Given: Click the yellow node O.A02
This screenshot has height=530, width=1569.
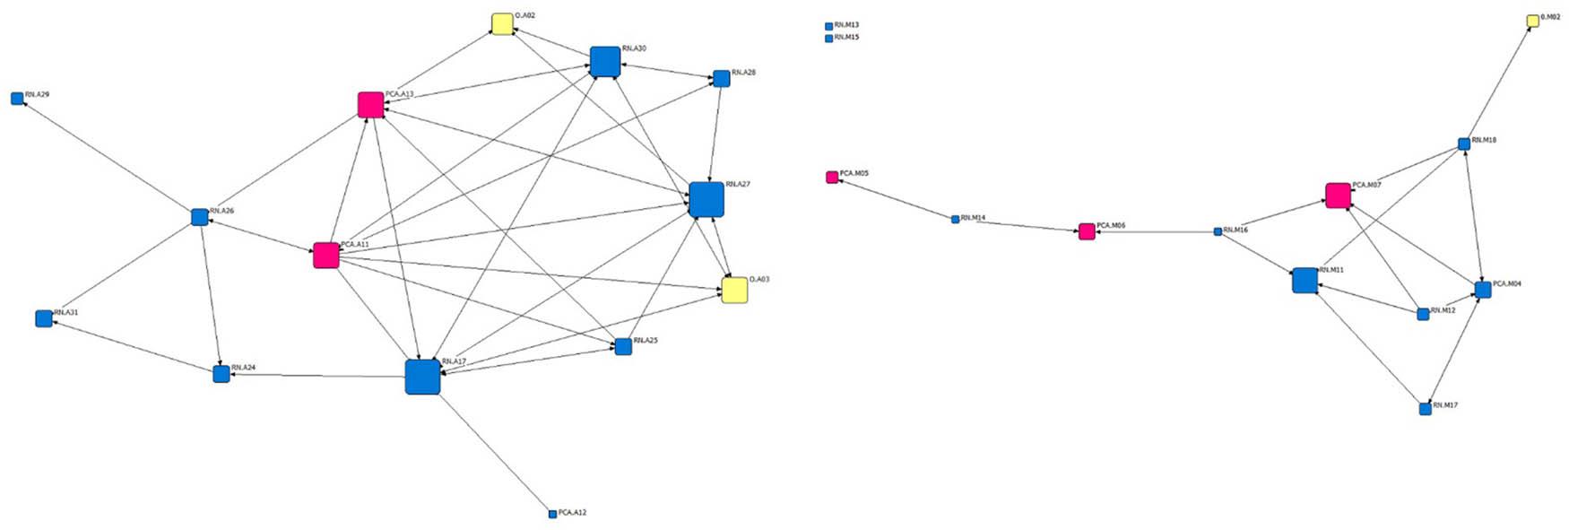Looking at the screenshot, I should point(502,24).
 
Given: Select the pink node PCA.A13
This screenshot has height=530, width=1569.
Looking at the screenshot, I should point(370,105).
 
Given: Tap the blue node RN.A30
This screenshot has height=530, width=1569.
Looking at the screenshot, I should point(605,61).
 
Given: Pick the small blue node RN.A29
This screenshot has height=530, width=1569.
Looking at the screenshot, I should point(17,99).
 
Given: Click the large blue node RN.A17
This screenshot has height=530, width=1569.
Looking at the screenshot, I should point(422,377).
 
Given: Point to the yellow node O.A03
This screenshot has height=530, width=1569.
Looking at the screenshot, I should point(734,291).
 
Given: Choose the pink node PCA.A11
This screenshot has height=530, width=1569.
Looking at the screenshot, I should point(325,256).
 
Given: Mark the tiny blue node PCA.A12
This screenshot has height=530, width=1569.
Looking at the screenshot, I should point(552,514).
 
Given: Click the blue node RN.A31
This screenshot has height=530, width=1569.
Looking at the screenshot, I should point(43,318).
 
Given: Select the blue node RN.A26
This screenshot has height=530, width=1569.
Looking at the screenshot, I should point(200,217).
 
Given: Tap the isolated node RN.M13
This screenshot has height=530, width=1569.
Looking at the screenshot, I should point(828,26).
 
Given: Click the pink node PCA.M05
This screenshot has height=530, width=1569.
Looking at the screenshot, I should point(832,177).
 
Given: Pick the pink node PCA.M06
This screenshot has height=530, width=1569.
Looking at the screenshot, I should point(1087,232).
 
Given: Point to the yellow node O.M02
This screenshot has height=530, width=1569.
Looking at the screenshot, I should point(1533,21).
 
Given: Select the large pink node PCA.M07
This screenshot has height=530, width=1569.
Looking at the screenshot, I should point(1338,195).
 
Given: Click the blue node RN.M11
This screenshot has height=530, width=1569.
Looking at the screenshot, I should point(1305,281).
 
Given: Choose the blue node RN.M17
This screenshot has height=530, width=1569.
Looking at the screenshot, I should point(1426,409).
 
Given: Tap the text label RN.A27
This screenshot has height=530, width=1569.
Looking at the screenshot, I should point(738,184).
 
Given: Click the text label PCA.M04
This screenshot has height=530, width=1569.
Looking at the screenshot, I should point(1506,283).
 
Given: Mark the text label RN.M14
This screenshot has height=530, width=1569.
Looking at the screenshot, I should point(973,218).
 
